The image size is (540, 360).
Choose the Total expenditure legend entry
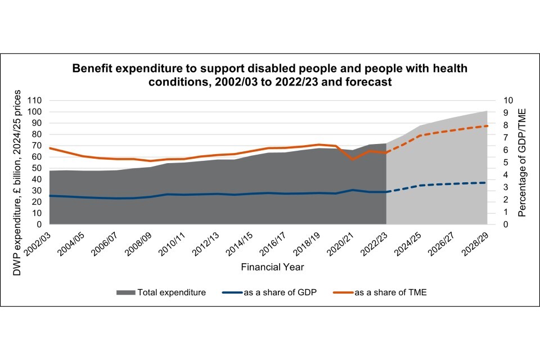coord(172,292)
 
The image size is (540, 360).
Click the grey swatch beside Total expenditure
coord(125,292)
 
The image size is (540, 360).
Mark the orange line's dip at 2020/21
coord(352,159)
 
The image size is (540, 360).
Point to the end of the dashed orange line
coord(487,125)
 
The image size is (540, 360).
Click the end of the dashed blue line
coord(487,182)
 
